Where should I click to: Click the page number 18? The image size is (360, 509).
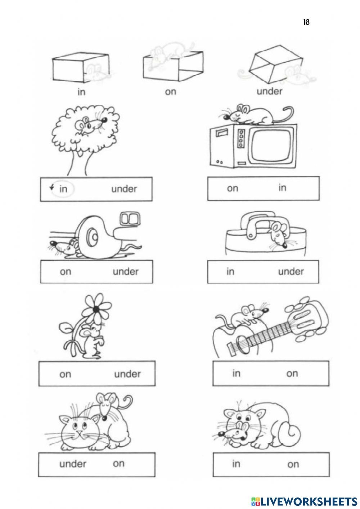(306, 22)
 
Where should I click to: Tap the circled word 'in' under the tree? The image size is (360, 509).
(63, 189)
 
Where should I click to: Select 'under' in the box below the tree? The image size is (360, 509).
(124, 189)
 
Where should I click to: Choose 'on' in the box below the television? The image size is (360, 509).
(233, 188)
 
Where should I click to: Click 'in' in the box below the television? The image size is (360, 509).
(282, 187)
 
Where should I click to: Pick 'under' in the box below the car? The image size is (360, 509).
(126, 271)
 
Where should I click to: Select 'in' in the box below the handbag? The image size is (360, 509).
(230, 271)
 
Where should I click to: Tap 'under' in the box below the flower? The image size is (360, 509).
(127, 374)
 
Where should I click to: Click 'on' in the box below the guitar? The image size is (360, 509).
(292, 374)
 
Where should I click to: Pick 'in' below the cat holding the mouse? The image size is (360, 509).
(236, 463)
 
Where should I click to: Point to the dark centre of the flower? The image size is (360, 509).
(96, 309)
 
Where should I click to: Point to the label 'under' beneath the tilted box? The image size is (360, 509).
(269, 91)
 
